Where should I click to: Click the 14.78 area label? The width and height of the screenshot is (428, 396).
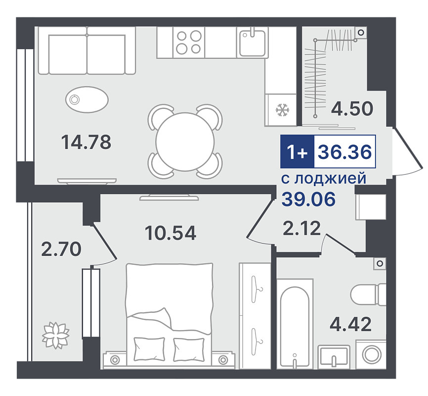pyautogui.click(x=86, y=142)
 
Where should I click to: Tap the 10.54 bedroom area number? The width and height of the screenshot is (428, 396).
pyautogui.click(x=171, y=233)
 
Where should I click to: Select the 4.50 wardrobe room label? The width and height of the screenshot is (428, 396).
pyautogui.click(x=352, y=108)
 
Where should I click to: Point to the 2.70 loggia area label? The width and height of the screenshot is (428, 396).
pyautogui.click(x=61, y=249)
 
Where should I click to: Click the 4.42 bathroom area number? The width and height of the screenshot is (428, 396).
pyautogui.click(x=351, y=324)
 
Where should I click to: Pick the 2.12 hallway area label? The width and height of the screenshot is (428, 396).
pyautogui.click(x=301, y=228)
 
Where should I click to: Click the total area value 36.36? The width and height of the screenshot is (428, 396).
pyautogui.click(x=345, y=151)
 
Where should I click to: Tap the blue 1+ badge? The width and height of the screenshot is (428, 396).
pyautogui.click(x=297, y=151)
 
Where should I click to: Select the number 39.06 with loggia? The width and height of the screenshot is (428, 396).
pyautogui.click(x=308, y=199)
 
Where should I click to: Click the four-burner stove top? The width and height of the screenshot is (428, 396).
pyautogui.click(x=189, y=43)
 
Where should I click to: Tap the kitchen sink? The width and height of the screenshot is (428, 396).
pyautogui.click(x=253, y=43)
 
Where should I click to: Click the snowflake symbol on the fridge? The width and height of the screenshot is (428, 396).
pyautogui.click(x=282, y=110)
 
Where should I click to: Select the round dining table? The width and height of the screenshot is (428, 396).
pyautogui.click(x=185, y=142)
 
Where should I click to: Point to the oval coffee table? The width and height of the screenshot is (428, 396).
pyautogui.click(x=87, y=99)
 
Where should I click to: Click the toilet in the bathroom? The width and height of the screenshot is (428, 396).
pyautogui.click(x=368, y=295)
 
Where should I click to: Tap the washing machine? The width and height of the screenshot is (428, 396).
pyautogui.click(x=371, y=354)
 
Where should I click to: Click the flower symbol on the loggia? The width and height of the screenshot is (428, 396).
pyautogui.click(x=56, y=335)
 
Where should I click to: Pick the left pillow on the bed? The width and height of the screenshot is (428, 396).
pyautogui.click(x=149, y=349)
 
